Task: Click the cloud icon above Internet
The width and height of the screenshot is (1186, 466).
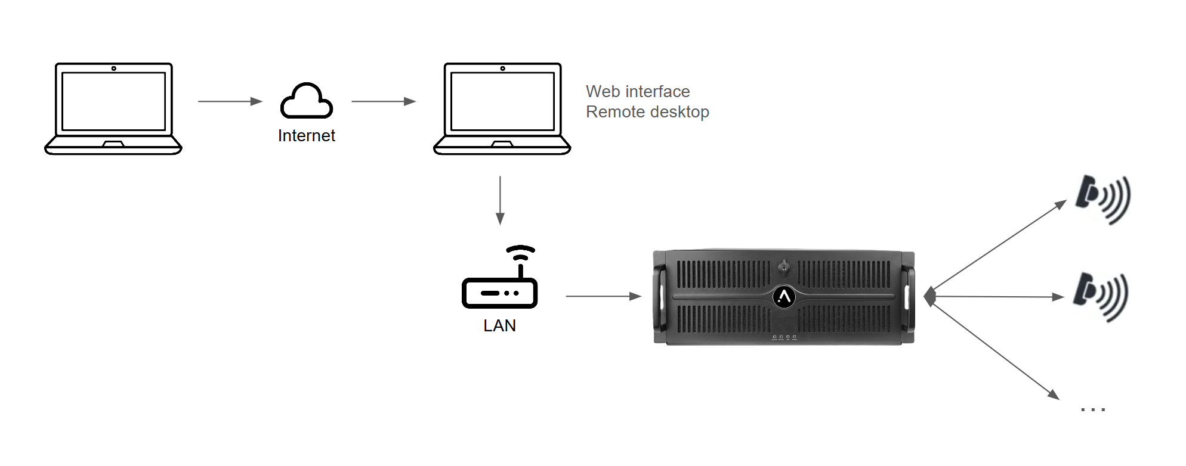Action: [x=307, y=101]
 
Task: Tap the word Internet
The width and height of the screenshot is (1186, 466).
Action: [x=307, y=136]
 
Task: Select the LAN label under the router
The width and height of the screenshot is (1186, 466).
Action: [x=499, y=326]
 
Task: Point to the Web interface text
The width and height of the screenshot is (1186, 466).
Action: [x=638, y=92]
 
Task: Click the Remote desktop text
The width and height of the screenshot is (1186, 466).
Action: [x=647, y=112]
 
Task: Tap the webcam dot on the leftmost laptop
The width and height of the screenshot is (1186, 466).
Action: [x=113, y=69]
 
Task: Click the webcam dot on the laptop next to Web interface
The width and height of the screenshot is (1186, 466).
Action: [x=502, y=69]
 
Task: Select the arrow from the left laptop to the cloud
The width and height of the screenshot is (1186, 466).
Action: [x=230, y=101]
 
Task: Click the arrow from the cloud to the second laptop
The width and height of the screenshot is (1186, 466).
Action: [x=384, y=101]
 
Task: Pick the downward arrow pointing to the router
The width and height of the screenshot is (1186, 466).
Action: [x=500, y=200]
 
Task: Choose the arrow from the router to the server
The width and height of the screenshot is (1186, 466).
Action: [x=603, y=296]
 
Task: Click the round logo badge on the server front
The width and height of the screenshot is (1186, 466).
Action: [x=784, y=296]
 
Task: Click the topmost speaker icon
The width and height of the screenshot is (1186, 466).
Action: [x=1102, y=199]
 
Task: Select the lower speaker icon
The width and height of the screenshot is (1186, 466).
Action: [x=1100, y=296]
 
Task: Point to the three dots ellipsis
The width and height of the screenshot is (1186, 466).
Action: [x=1093, y=409]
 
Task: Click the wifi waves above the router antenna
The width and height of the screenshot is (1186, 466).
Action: [x=521, y=252]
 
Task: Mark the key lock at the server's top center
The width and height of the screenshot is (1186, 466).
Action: [x=784, y=268]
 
